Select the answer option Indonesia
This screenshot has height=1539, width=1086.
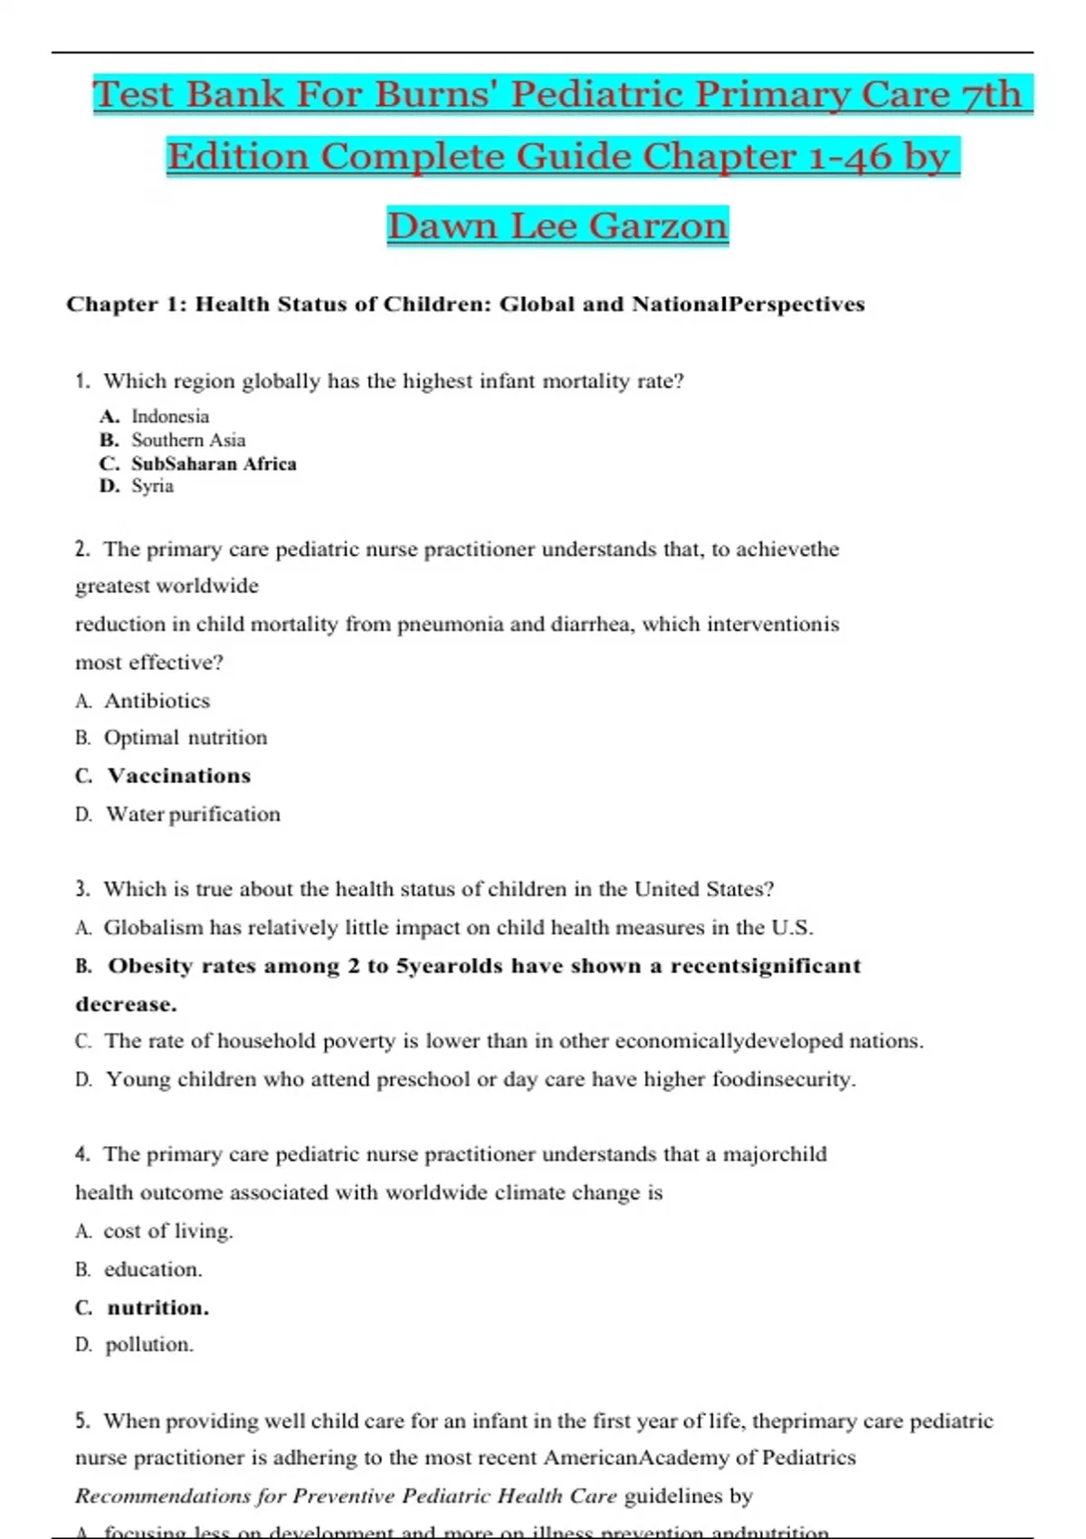pos(170,416)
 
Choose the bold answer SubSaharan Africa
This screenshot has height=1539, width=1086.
pos(214,464)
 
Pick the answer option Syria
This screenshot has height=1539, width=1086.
pos(152,486)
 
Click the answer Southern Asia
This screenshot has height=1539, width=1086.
pos(188,440)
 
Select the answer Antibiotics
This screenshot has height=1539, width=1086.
pos(157,701)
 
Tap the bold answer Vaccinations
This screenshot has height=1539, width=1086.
pos(178,776)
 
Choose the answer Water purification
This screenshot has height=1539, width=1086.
pos(193,814)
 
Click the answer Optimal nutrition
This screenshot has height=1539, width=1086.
pos(186,738)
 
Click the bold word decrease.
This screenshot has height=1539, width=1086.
pos(126,1004)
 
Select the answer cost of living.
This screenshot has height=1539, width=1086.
pos(168,1231)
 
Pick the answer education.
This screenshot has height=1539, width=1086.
pos(153,1269)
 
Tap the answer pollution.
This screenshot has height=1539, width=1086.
pos(149,1344)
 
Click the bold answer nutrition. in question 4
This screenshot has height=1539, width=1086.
pos(157,1307)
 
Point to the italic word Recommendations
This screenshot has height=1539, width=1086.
pos(162,1496)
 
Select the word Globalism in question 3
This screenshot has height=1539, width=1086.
pos(153,928)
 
